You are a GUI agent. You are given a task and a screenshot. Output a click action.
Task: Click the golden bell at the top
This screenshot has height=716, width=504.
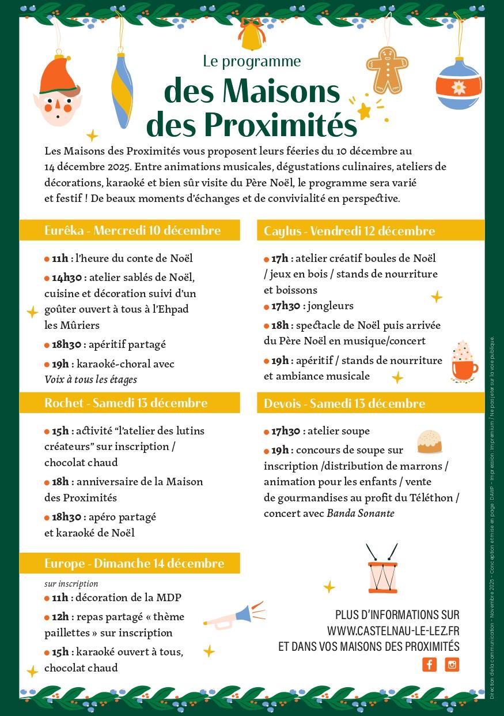point(252,36)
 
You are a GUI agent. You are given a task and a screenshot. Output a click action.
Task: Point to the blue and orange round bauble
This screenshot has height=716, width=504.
point(458,85)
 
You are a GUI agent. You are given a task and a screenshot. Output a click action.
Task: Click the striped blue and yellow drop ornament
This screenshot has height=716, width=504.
point(122,90)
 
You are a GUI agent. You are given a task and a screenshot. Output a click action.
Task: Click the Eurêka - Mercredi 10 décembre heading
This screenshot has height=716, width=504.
point(132,231)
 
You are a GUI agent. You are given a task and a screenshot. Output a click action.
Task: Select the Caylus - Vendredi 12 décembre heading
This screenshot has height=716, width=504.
point(349,231)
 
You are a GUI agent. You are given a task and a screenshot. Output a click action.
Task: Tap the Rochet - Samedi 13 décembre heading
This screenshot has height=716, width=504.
point(126,403)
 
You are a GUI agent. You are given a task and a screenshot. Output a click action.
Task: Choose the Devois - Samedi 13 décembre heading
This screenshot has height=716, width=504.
point(344,403)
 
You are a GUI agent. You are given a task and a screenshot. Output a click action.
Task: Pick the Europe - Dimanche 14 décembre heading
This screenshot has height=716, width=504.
point(134,563)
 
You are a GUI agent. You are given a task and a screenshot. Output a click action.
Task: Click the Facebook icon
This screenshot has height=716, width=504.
point(429,664)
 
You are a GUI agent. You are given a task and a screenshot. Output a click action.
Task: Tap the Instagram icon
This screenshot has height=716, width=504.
point(452,664)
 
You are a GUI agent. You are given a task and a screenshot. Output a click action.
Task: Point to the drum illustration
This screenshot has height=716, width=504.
point(382,572)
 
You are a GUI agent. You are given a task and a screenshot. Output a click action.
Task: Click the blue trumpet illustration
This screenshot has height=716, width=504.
point(235,616)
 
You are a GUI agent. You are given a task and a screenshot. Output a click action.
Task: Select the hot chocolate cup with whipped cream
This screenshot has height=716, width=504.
point(464,362)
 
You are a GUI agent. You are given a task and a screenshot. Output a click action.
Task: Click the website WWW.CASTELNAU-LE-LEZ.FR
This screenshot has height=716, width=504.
point(393,631)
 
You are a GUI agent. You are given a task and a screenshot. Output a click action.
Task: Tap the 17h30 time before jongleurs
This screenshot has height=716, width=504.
point(286,306)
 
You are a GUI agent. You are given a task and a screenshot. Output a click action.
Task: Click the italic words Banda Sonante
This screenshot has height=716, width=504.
point(361,513)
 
